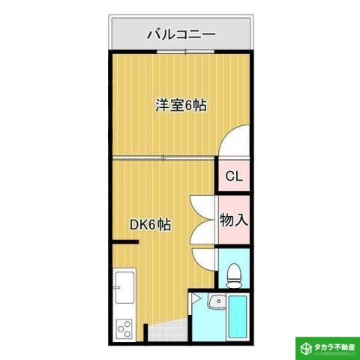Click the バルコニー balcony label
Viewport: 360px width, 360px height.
pyautogui.click(x=181, y=34)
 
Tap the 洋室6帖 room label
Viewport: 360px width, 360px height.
pyautogui.click(x=181, y=106)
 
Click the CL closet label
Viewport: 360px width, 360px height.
pyautogui.click(x=233, y=178)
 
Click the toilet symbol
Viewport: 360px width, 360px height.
pyautogui.click(x=233, y=274)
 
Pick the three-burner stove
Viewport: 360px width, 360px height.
pyautogui.click(x=124, y=328)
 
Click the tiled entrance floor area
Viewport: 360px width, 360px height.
pyautogui.click(x=165, y=330)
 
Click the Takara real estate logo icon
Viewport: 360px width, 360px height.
pyautogui.click(x=306, y=348)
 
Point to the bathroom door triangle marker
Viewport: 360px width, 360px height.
pyautogui.click(x=196, y=300)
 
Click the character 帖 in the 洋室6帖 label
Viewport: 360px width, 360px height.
pyautogui.click(x=199, y=106)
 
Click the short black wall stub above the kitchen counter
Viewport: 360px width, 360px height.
pyautogui.click(x=125, y=242)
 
